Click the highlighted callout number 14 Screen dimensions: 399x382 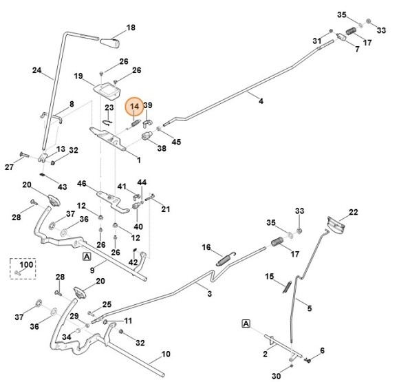pyautogui.click(x=134, y=107)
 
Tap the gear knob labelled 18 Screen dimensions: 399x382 pyautogui.click(x=109, y=43)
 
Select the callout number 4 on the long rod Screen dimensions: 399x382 pyautogui.click(x=261, y=101)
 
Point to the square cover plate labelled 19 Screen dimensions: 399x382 pyautogui.click(x=107, y=90)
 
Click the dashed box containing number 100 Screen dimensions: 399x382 pyautogui.click(x=23, y=268)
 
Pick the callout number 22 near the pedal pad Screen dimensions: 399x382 pyautogui.click(x=353, y=212)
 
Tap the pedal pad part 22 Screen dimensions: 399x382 pyautogui.click(x=336, y=224)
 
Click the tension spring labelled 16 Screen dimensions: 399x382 pyautogui.click(x=226, y=259)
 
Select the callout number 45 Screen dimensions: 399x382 pyautogui.click(x=176, y=142)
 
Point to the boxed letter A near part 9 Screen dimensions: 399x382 pyautogui.click(x=87, y=257)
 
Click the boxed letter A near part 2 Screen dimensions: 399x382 pyautogui.click(x=246, y=323)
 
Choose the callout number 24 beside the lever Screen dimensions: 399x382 pyautogui.click(x=37, y=70)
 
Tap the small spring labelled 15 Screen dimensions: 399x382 pyautogui.click(x=287, y=287)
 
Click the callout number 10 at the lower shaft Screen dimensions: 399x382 pyautogui.click(x=166, y=354)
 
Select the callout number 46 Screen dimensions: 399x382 pyautogui.click(x=81, y=183)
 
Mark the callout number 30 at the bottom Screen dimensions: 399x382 pyautogui.click(x=276, y=376)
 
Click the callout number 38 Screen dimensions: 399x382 pyautogui.click(x=162, y=148)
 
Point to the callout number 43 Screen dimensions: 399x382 pyautogui.click(x=63, y=187)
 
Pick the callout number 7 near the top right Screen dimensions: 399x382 pyautogui.click(x=357, y=49)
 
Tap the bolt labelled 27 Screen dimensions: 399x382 pyautogui.click(x=25, y=155)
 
